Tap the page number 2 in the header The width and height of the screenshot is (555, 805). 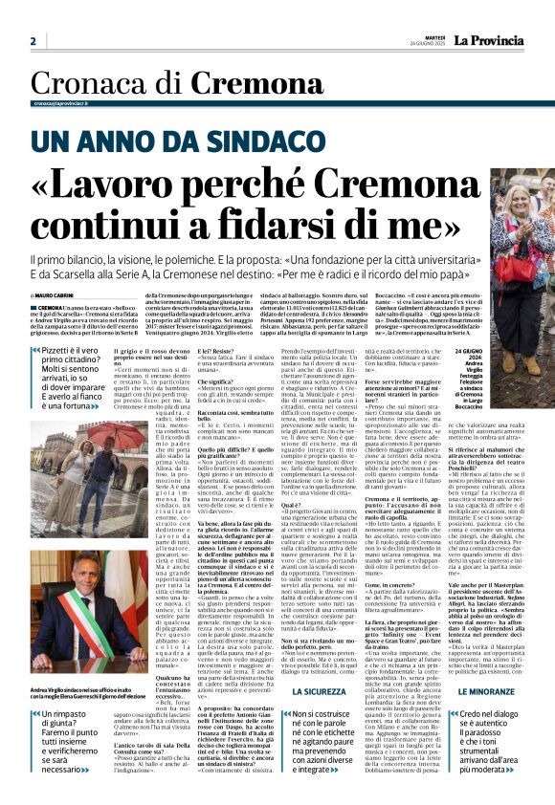(x=33, y=40)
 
